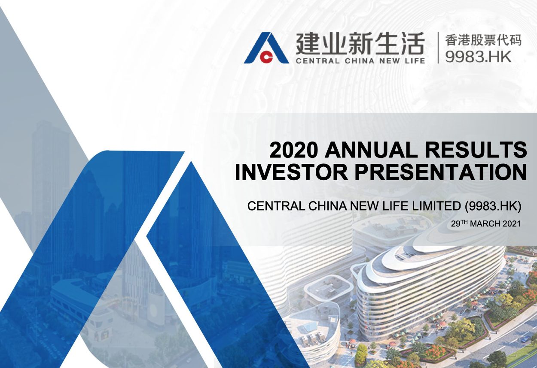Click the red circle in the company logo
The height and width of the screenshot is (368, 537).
(x=266, y=57)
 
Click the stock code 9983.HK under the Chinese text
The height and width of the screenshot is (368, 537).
(x=478, y=57)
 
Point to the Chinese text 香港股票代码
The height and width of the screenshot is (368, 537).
(x=483, y=40)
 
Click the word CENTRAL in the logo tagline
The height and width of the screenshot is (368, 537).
(x=317, y=61)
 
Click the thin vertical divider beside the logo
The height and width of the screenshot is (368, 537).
(x=438, y=48)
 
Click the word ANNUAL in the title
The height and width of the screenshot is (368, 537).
(x=369, y=150)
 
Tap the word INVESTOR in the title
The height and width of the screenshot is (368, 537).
(x=291, y=172)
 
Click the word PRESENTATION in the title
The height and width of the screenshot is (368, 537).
(x=441, y=172)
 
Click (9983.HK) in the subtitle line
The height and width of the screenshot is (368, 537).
(x=493, y=206)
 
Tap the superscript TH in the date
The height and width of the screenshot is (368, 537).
(x=464, y=222)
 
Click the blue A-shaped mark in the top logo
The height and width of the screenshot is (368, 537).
(x=266, y=48)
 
